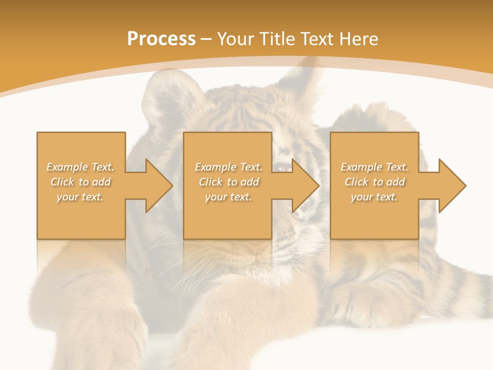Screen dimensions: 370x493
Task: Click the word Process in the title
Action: click(x=161, y=39)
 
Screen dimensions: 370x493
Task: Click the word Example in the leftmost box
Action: click(x=67, y=167)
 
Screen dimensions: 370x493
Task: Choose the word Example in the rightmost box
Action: click(x=361, y=167)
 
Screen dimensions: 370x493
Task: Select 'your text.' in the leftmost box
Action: click(x=80, y=197)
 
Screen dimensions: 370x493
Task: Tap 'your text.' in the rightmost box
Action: click(x=374, y=197)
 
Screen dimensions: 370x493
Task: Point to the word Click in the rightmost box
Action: click(x=356, y=182)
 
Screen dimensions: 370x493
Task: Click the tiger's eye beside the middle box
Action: click(x=280, y=167)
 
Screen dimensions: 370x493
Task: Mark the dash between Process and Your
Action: click(x=206, y=39)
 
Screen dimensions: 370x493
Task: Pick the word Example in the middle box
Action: click(x=215, y=167)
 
